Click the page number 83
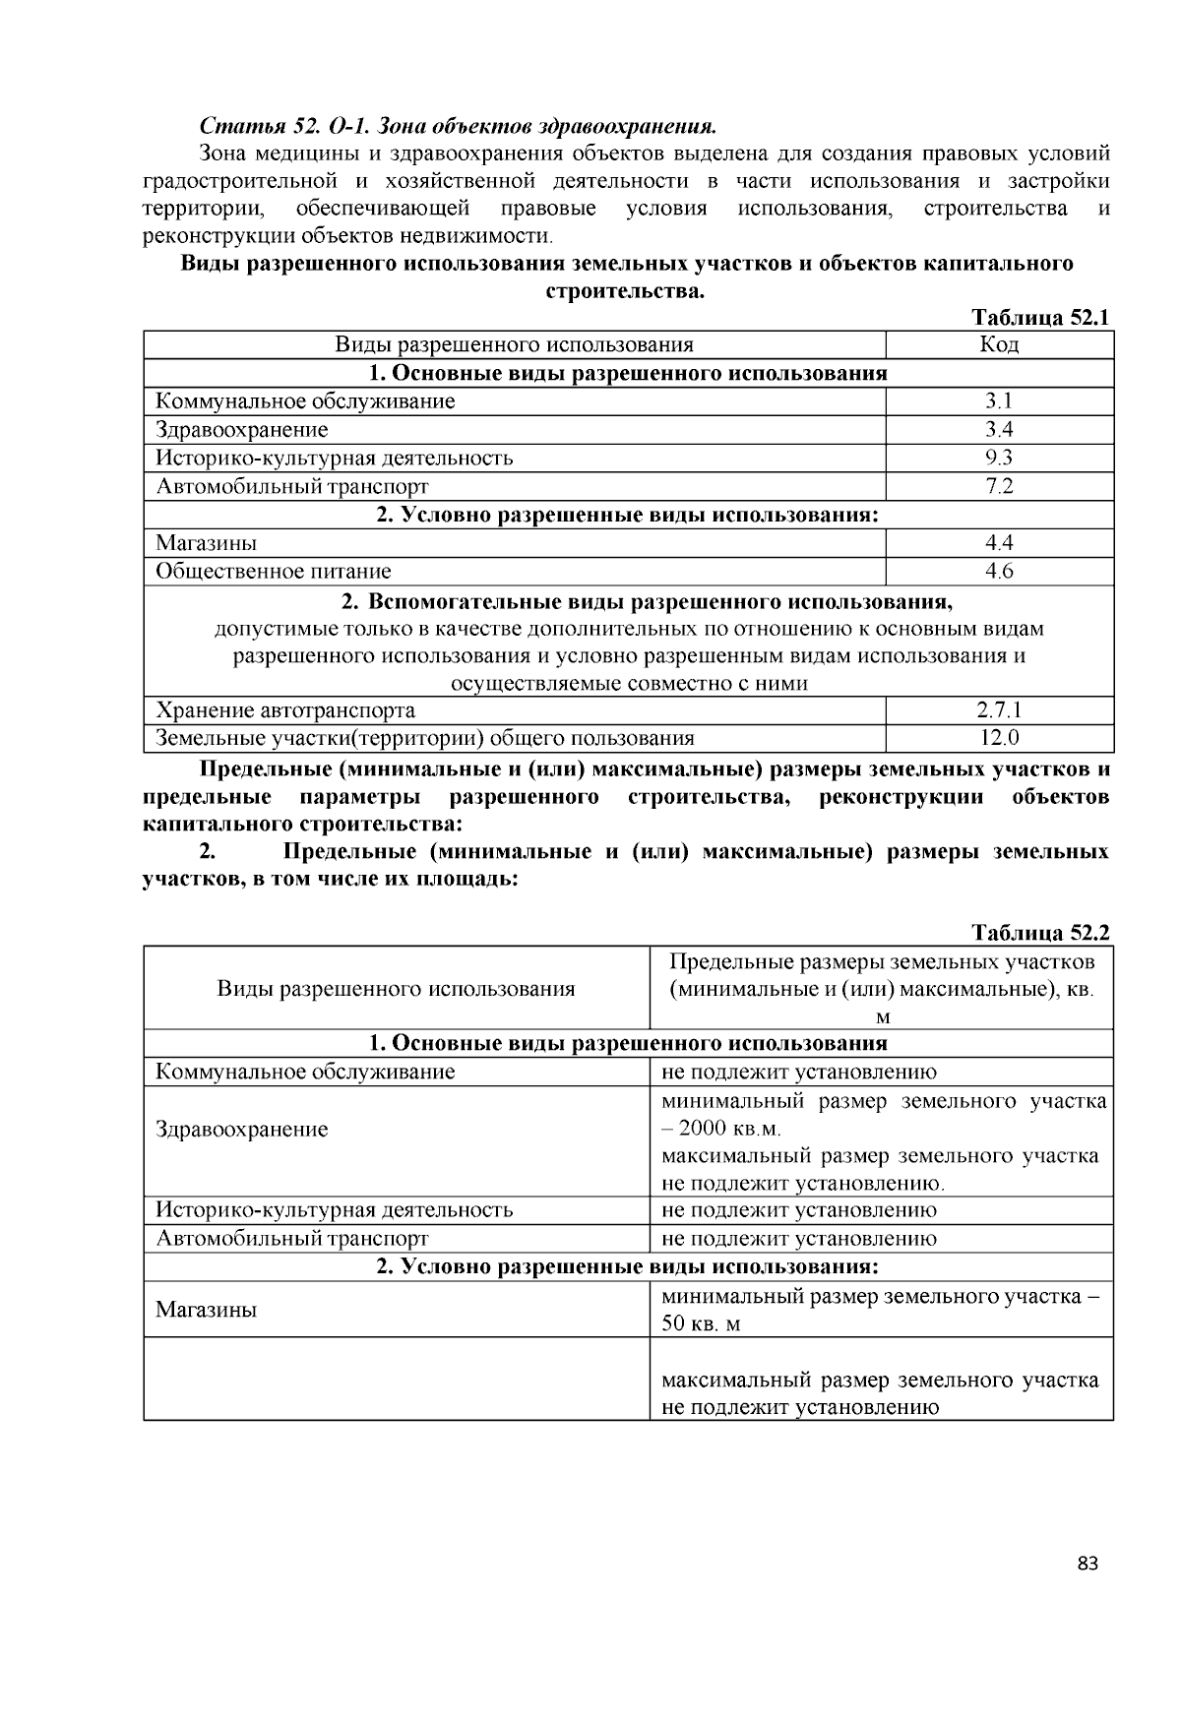coord(1087,1564)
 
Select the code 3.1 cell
coord(999,400)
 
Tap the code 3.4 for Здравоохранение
coord(999,429)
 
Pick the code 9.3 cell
coord(999,458)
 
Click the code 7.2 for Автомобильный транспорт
coord(999,486)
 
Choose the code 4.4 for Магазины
coord(999,542)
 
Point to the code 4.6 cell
coord(999,571)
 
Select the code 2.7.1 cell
coord(999,709)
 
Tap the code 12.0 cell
coord(999,738)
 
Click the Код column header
coord(999,343)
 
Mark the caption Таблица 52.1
coord(1040,317)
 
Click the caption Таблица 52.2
coord(1040,932)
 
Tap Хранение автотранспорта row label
coord(285,709)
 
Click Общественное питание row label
coord(274,571)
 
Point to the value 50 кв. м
coord(701,1323)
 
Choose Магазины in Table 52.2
coord(207,1310)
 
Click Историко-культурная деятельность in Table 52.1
coord(335,458)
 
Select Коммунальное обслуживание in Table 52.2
coord(305,1072)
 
